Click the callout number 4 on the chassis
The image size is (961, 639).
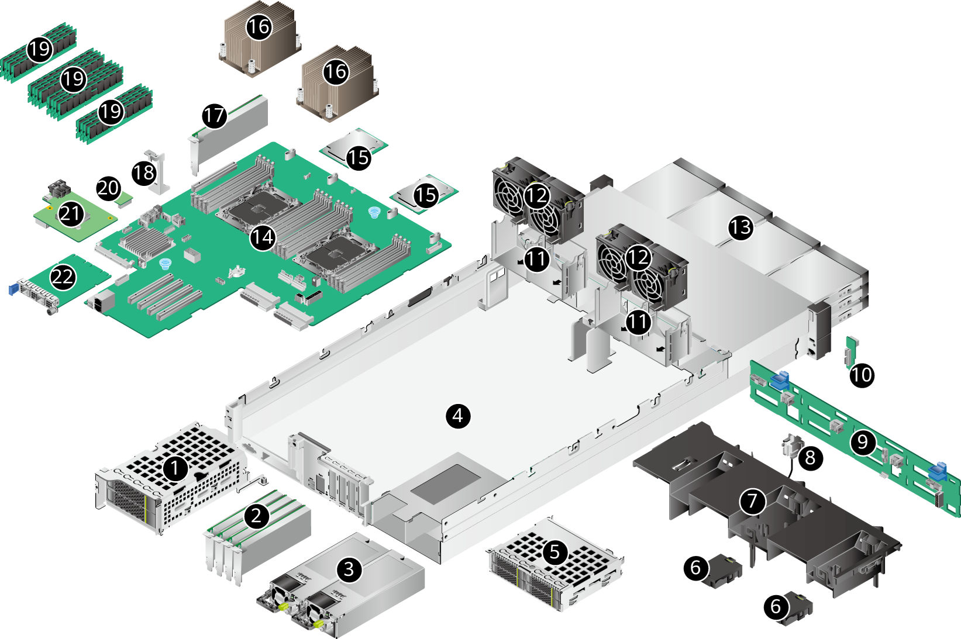[458, 416]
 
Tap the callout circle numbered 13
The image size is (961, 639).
[740, 227]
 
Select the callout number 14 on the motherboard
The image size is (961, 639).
[263, 237]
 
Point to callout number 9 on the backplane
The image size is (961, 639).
[863, 442]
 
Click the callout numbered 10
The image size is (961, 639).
[862, 374]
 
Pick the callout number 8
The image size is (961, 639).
[810, 457]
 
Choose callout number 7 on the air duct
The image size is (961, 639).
[752, 501]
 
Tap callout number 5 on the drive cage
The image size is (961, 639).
[554, 551]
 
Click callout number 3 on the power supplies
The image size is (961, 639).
[349, 568]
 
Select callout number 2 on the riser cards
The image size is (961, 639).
[256, 516]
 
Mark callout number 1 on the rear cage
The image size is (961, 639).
[174, 468]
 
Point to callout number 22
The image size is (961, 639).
[63, 277]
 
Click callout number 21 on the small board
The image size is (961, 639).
[71, 214]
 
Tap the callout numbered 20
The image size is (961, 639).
[108, 188]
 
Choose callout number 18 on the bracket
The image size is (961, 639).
[144, 172]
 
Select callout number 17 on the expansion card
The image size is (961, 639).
[214, 115]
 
